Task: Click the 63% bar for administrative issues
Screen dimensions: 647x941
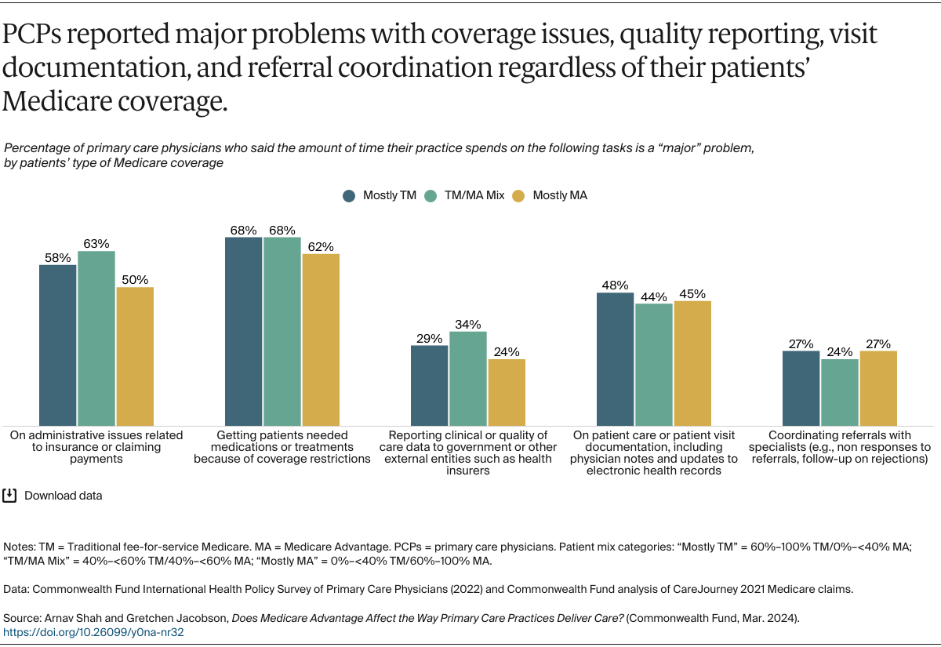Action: click(x=96, y=338)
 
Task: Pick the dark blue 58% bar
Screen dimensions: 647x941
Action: click(x=58, y=345)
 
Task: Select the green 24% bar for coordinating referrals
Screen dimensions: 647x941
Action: click(x=840, y=392)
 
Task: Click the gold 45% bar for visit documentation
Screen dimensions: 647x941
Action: click(x=692, y=362)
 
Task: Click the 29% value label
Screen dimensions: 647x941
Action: click(x=430, y=338)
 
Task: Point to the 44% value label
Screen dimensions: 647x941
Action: click(x=654, y=296)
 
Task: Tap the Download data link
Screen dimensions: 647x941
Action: click(x=63, y=496)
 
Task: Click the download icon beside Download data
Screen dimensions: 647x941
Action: click(x=10, y=495)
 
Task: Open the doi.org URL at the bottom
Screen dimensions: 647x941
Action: click(x=93, y=631)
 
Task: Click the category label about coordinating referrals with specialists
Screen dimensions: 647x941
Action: click(x=839, y=447)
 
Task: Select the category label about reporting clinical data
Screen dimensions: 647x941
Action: click(x=468, y=453)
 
